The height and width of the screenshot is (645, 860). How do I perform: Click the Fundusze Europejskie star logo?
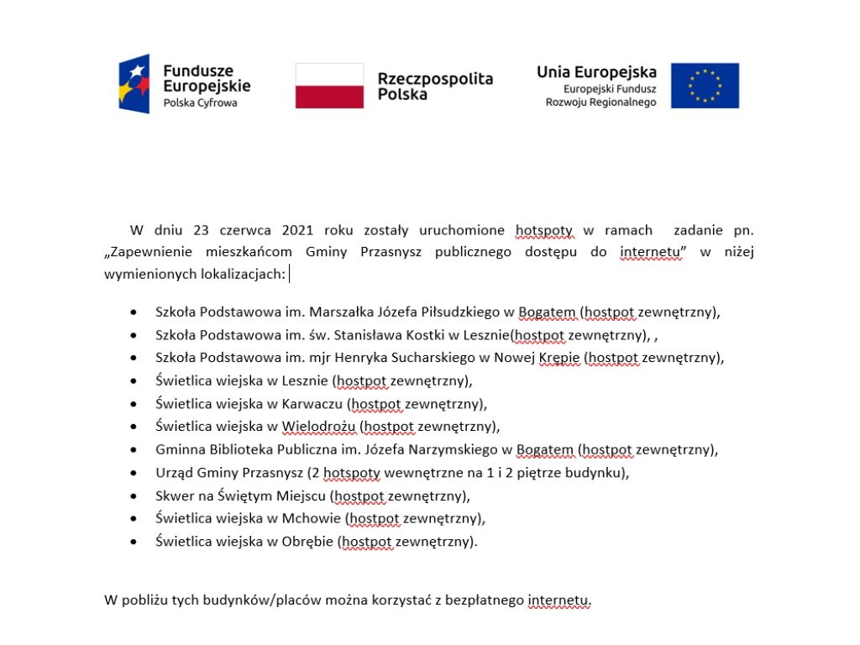pyautogui.click(x=134, y=84)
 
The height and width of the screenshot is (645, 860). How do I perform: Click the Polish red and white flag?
pyautogui.click(x=329, y=86)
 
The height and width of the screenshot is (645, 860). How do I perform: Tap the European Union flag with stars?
pyautogui.click(x=705, y=86)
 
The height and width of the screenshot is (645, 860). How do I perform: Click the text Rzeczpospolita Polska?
pyautogui.click(x=434, y=86)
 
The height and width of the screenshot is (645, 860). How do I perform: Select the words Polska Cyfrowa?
pyautogui.click(x=200, y=103)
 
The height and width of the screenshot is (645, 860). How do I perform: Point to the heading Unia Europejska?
pyautogui.click(x=596, y=72)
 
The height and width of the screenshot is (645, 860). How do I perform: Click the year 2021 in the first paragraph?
pyautogui.click(x=298, y=230)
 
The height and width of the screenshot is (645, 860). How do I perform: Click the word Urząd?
pyautogui.click(x=174, y=472)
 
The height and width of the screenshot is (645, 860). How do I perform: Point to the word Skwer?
pyautogui.click(x=175, y=495)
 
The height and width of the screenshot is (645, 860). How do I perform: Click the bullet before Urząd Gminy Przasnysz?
pyautogui.click(x=134, y=472)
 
